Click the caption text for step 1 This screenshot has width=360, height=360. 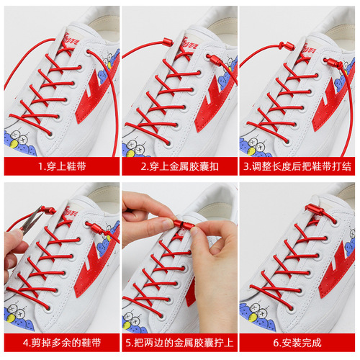point(60,166)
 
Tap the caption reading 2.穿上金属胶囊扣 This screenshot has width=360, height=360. point(179,166)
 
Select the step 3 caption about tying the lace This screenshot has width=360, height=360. point(300,166)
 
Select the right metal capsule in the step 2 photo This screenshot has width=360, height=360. point(214,58)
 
